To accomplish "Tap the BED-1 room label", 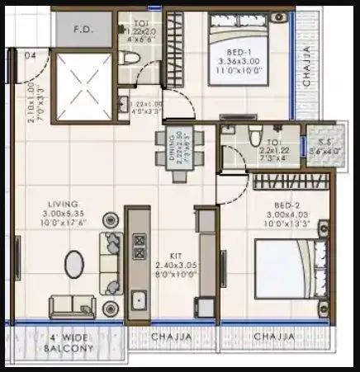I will pos(239,52).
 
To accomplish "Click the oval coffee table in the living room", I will pos(74,265).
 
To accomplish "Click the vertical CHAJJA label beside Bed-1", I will pos(307,69).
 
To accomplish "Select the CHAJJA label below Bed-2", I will pos(275,337).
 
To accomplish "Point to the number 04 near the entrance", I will pos(31,56).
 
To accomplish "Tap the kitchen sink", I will pos(140,296).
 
